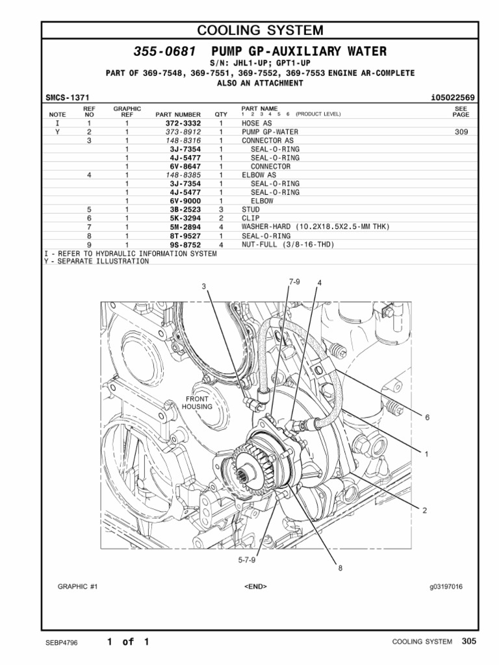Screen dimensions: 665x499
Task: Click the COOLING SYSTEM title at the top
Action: pyautogui.click(x=259, y=30)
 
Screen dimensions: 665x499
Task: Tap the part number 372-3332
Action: pyautogui.click(x=183, y=123)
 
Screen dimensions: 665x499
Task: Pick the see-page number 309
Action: pyautogui.click(x=461, y=131)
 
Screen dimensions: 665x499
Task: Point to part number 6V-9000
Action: pyautogui.click(x=183, y=201)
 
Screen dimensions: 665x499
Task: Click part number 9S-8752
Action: pyautogui.click(x=183, y=245)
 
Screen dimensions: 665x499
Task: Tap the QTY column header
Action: pyautogui.click(x=221, y=114)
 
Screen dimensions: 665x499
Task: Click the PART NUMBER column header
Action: pyautogui.click(x=178, y=114)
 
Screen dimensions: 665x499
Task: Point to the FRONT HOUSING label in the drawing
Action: pyautogui.click(x=197, y=403)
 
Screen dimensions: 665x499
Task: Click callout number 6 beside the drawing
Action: pyautogui.click(x=428, y=418)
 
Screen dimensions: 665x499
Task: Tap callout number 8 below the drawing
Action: pyautogui.click(x=339, y=568)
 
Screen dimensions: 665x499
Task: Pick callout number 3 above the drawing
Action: pyautogui.click(x=203, y=286)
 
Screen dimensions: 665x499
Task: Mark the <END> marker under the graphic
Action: pyautogui.click(x=255, y=586)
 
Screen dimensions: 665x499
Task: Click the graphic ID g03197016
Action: pyautogui.click(x=445, y=586)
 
